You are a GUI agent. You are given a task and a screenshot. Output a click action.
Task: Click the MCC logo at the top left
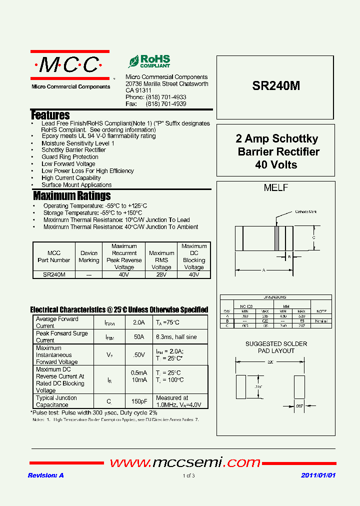[70, 65]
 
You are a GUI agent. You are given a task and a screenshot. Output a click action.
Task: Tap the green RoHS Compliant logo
[149, 61]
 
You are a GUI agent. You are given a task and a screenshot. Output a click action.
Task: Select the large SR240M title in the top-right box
[276, 85]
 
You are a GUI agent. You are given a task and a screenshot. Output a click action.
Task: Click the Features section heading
[50, 115]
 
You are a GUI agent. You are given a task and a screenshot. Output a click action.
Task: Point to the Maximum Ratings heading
[71, 195]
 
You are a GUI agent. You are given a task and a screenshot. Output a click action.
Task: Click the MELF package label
[275, 188]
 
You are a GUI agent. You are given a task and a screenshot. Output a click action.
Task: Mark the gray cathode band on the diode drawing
[276, 238]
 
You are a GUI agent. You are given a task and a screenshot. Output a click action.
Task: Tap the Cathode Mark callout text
[305, 212]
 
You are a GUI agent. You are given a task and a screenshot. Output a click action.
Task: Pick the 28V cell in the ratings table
[161, 274]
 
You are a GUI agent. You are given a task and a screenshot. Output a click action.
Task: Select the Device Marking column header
[89, 256]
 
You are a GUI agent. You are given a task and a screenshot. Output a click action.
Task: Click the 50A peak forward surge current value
[139, 337]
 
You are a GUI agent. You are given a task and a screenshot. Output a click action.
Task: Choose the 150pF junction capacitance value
[139, 401]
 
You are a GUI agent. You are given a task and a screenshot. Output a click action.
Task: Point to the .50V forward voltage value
[139, 355]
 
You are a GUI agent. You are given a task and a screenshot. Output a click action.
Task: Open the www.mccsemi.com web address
[185, 462]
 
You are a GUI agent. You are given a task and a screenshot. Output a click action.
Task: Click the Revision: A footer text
[45, 475]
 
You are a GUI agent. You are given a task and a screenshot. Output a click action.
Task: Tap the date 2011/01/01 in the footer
[318, 475]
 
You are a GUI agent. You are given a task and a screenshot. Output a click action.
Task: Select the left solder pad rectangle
[241, 386]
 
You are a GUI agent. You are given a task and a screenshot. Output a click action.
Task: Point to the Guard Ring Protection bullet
[70, 157]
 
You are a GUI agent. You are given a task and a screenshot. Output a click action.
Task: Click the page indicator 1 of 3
[188, 475]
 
